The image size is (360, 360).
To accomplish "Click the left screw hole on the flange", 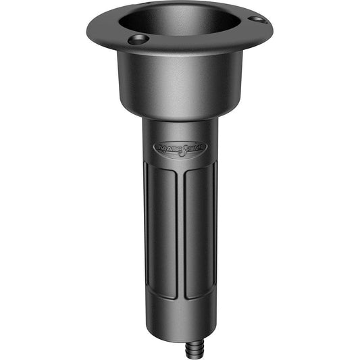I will (137, 40).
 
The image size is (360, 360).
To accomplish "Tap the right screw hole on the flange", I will (257, 20).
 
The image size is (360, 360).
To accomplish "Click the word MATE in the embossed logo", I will (166, 147).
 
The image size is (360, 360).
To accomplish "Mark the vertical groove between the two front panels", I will (180, 230).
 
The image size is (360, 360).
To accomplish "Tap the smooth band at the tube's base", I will (181, 317).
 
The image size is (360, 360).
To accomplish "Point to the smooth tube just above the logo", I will (180, 130).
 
